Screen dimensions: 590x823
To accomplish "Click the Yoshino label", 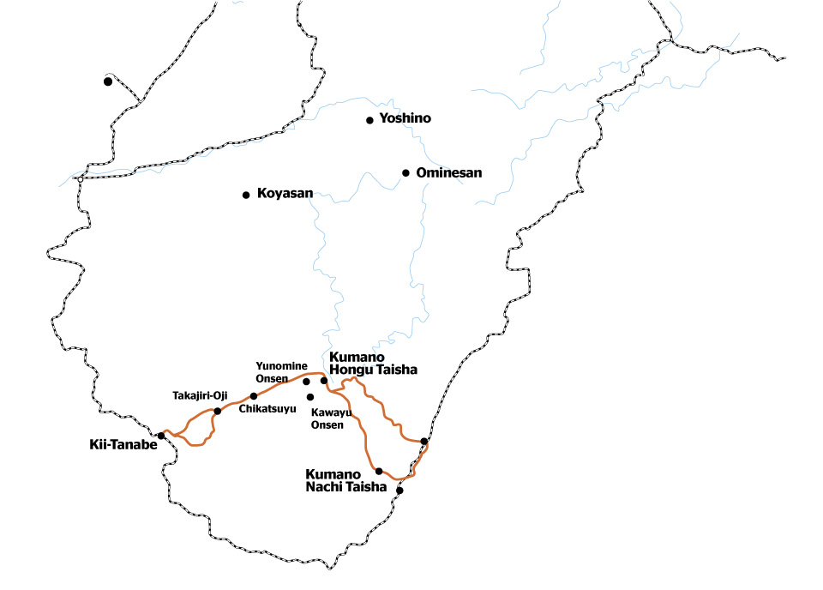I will click(405, 118).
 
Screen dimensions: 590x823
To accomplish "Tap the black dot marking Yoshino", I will click(369, 120).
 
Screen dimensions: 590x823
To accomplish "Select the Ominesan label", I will click(448, 172).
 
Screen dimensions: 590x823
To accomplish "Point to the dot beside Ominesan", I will click(405, 172).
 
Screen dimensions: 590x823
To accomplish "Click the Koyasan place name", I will click(285, 194).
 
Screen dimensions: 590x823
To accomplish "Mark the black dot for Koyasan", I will click(246, 195).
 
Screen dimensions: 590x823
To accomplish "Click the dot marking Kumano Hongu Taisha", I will click(324, 381).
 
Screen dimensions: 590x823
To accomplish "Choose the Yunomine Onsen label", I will click(281, 372).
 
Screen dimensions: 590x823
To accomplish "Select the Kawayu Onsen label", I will click(327, 418).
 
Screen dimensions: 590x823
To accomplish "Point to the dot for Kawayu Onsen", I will click(310, 397).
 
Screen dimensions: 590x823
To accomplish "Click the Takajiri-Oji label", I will click(199, 394).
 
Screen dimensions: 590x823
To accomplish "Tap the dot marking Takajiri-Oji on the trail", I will click(217, 411).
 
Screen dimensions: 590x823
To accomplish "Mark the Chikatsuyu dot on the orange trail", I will click(253, 396).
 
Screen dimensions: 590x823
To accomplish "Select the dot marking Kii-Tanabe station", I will click(161, 436).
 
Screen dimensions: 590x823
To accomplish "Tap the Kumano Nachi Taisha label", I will click(346, 480).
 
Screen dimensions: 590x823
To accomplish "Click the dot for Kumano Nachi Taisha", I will click(379, 471).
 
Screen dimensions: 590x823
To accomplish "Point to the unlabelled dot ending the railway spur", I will click(107, 81).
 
